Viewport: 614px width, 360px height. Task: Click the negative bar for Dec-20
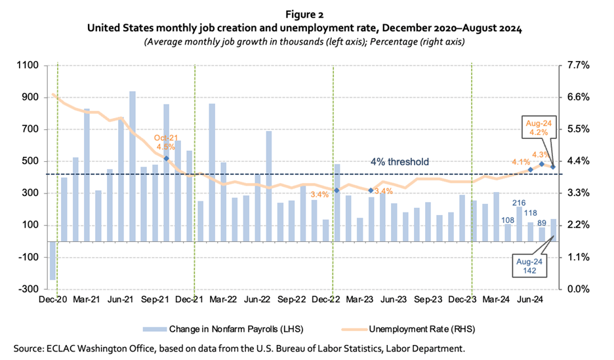click(x=52, y=261)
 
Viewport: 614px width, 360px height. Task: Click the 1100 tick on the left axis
click(x=29, y=66)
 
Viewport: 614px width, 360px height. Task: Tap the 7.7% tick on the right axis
click(x=575, y=66)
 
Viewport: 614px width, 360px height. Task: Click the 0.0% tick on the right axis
click(x=575, y=289)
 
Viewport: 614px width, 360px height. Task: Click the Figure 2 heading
click(x=306, y=14)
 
